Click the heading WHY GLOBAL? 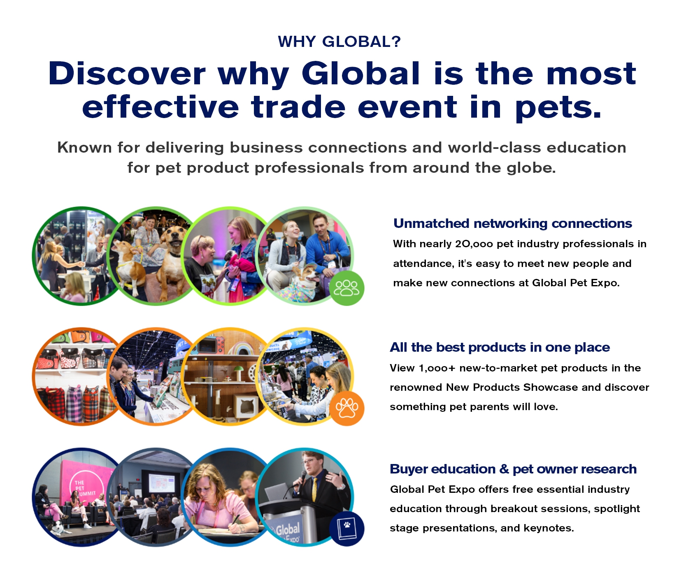[x=339, y=42]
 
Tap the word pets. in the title [x=558, y=108]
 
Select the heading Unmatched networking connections [x=512, y=223]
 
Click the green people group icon [x=346, y=288]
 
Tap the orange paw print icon [x=346, y=408]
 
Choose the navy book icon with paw [x=346, y=529]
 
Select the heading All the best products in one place [x=500, y=348]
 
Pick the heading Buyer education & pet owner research [x=513, y=469]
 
